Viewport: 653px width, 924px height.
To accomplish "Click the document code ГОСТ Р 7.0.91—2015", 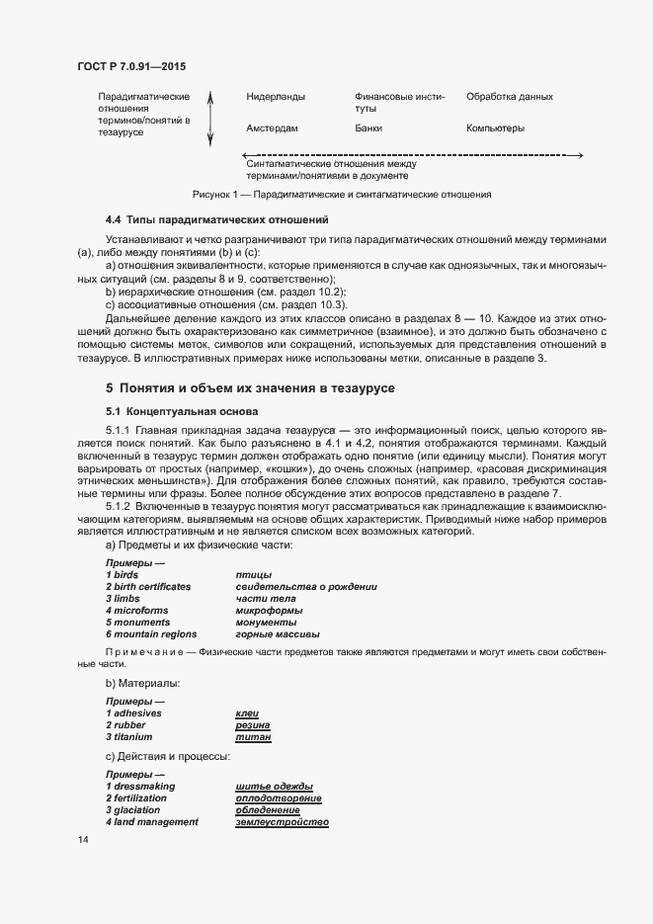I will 131,66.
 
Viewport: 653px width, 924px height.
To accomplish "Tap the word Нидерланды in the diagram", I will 276,97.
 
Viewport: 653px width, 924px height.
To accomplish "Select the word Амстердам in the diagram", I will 272,128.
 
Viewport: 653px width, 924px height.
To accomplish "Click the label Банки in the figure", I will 368,128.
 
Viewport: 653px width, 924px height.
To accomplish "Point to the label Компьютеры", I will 495,128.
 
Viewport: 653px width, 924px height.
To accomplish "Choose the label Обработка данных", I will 509,97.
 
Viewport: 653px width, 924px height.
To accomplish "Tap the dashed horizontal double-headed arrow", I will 413,155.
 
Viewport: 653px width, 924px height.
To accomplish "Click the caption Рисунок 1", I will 342,195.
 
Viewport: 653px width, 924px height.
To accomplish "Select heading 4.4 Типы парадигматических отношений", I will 216,218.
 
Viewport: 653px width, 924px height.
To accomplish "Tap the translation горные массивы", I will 278,633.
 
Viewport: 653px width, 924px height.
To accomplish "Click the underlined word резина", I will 253,724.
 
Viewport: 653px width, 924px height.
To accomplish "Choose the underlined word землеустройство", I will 282,822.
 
